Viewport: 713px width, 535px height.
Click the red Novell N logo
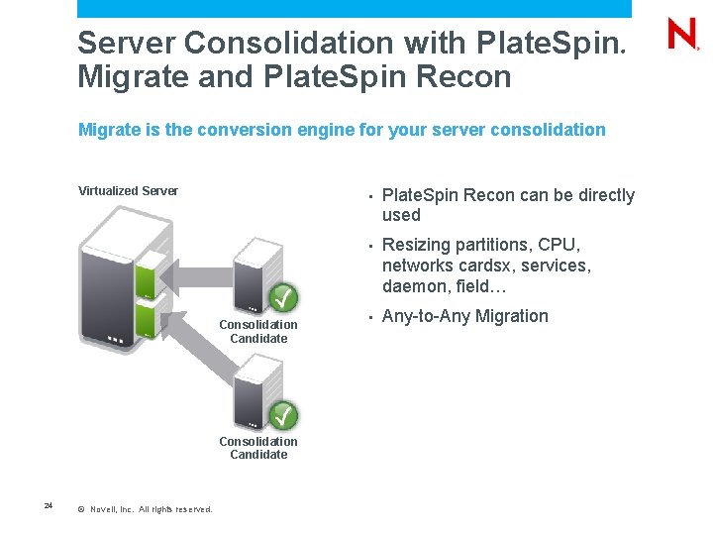point(682,36)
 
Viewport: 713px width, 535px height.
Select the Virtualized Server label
point(128,190)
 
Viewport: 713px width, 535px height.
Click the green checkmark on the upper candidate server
point(284,296)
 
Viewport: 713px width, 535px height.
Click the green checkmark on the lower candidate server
point(284,414)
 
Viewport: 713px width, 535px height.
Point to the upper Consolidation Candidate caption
point(258,331)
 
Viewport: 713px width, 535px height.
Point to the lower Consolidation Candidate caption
point(258,448)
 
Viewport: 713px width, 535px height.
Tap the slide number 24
point(48,506)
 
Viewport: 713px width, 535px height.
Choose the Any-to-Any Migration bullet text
point(464,316)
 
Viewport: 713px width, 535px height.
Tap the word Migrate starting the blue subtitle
point(109,130)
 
